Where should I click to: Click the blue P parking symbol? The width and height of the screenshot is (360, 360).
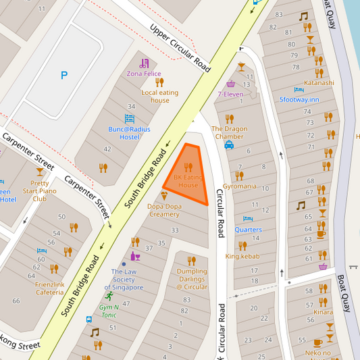pos(64,76)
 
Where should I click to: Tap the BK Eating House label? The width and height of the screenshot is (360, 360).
pos(186,181)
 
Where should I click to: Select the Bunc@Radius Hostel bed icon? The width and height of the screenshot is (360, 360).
pos(130,118)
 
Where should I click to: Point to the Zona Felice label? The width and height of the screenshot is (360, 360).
pos(144,73)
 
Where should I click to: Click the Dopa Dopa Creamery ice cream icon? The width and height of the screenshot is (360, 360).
pos(164,195)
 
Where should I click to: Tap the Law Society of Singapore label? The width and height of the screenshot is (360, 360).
pos(127,280)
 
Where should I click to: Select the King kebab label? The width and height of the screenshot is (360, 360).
pos(242,256)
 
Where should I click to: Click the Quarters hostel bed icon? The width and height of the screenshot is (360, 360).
pos(248,219)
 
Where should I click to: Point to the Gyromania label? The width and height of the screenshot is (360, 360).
pos(240,186)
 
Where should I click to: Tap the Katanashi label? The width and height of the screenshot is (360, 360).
pos(319,83)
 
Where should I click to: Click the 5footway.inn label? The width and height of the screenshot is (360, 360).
pos(299,99)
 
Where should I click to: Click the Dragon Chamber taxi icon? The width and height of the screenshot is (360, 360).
pos(229,145)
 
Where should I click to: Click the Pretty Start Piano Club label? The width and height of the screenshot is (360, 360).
pos(40,190)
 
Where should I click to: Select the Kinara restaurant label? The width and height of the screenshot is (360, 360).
pos(323,312)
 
